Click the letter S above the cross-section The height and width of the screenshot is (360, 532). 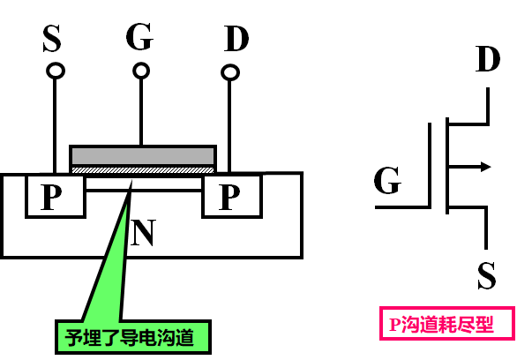tap(52, 38)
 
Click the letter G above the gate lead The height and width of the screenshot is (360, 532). tap(139, 37)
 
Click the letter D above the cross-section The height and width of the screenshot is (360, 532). tap(236, 38)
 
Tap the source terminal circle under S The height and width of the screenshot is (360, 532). tap(56, 71)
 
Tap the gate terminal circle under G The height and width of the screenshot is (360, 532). tap(141, 71)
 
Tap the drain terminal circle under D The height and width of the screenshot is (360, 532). tap(230, 72)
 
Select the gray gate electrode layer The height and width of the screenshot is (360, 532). tap(143, 156)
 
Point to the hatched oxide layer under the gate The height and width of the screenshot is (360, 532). tap(143, 170)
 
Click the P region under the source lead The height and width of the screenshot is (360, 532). tap(56, 197)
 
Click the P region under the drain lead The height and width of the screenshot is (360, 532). tap(232, 197)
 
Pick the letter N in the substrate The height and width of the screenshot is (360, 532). tap(143, 232)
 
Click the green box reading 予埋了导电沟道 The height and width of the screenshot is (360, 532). tap(133, 337)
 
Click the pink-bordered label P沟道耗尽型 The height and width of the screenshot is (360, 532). tap(447, 323)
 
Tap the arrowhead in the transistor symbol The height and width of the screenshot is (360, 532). tap(486, 167)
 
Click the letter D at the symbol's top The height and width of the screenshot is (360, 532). tap(488, 58)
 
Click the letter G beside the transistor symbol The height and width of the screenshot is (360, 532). tap(387, 180)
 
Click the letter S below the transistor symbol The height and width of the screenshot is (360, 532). tap(486, 275)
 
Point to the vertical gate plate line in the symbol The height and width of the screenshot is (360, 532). tap(430, 165)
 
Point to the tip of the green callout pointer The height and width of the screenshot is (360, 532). tap(131, 181)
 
